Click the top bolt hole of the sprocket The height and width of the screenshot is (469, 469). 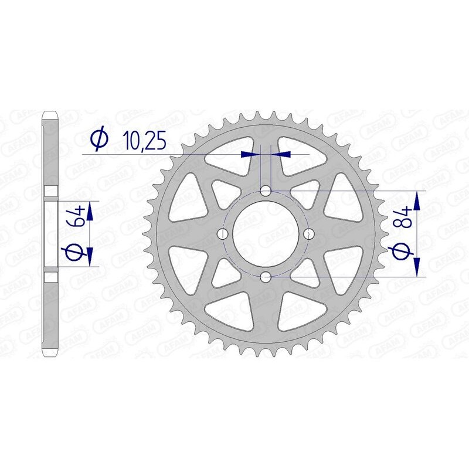266,191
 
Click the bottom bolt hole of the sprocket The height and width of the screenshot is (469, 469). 266,276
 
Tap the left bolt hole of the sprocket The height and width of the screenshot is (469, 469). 223,233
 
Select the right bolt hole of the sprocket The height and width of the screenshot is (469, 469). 308,233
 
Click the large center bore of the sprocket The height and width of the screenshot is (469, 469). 266,233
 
